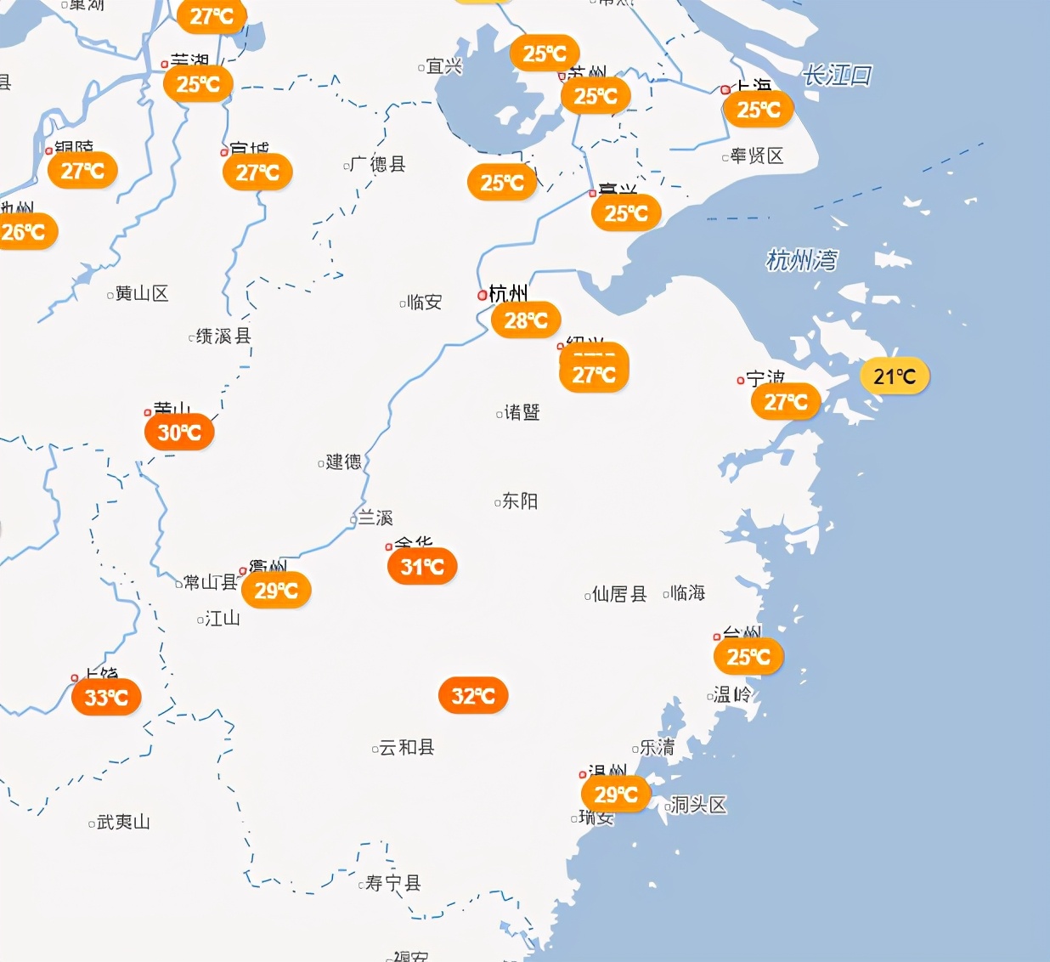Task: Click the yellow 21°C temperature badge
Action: [895, 376]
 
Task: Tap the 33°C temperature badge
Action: [106, 698]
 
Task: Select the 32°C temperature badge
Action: [473, 696]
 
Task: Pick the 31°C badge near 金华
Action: [422, 567]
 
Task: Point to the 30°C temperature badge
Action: [179, 433]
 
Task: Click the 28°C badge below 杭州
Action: [526, 320]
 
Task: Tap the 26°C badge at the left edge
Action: [24, 232]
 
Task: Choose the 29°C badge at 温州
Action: [616, 795]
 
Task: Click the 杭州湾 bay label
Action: [801, 260]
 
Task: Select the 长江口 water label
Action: [837, 76]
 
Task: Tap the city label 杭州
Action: [508, 294]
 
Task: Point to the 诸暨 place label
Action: [522, 412]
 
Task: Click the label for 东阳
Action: [519, 501]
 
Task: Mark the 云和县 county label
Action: [406, 747]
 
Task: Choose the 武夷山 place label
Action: [123, 822]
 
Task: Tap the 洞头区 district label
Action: [698, 805]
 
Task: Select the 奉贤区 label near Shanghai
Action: [756, 156]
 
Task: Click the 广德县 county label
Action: [378, 164]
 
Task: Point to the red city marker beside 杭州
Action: [483, 295]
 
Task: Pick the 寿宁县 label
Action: [392, 883]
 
